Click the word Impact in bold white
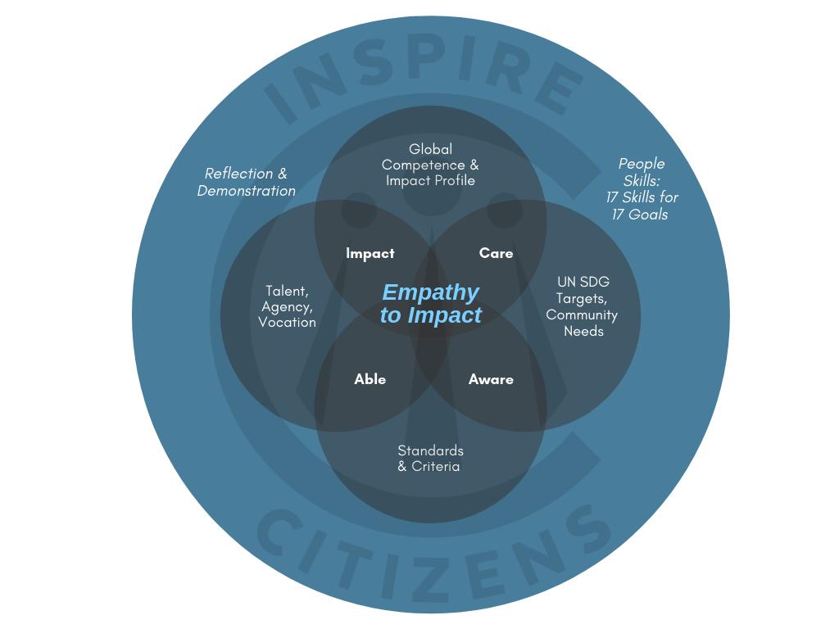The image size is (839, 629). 370,254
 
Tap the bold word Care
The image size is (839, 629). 496,254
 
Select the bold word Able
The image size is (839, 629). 370,379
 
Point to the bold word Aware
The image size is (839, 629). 491,379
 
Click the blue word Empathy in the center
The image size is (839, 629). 430,292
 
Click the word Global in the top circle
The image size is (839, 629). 430,149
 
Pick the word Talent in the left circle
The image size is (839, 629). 286,292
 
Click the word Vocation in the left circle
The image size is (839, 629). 287,323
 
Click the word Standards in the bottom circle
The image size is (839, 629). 430,450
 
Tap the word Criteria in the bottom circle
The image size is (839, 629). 436,467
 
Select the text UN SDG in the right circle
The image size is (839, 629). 583,282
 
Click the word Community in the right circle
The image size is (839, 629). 582,315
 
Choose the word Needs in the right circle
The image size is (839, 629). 583,332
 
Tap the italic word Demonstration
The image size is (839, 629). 246,191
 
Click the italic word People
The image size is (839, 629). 642,164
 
